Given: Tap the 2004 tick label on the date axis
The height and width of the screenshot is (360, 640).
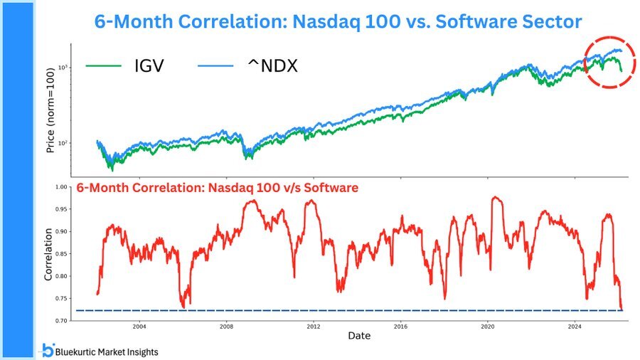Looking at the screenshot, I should (x=139, y=327).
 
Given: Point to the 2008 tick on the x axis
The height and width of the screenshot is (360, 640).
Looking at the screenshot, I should (x=226, y=327).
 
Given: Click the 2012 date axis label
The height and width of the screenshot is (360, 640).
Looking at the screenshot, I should (x=314, y=327).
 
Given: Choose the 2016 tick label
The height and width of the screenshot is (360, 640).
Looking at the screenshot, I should (x=400, y=327).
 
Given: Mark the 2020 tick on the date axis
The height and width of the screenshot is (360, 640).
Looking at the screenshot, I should (x=488, y=327).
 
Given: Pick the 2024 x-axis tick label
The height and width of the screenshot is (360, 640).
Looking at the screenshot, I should (x=575, y=327).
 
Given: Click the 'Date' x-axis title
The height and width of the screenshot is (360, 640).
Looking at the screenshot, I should (x=359, y=335).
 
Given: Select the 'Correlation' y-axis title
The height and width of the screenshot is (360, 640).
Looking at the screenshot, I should (x=49, y=254).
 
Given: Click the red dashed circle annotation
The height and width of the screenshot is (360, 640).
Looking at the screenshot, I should (x=610, y=61).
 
